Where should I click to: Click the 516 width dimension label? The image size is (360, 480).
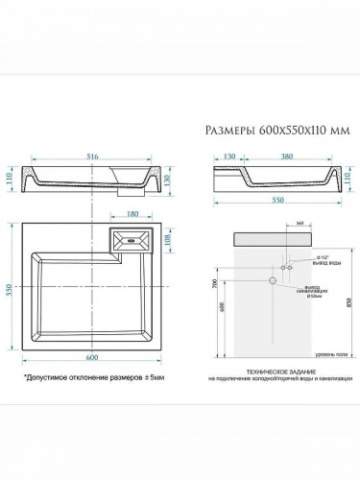click(93, 156)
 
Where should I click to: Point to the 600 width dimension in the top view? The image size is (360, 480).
click(92, 358)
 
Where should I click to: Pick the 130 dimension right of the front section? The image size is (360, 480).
click(167, 180)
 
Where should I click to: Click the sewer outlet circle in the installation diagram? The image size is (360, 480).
click(273, 280)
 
